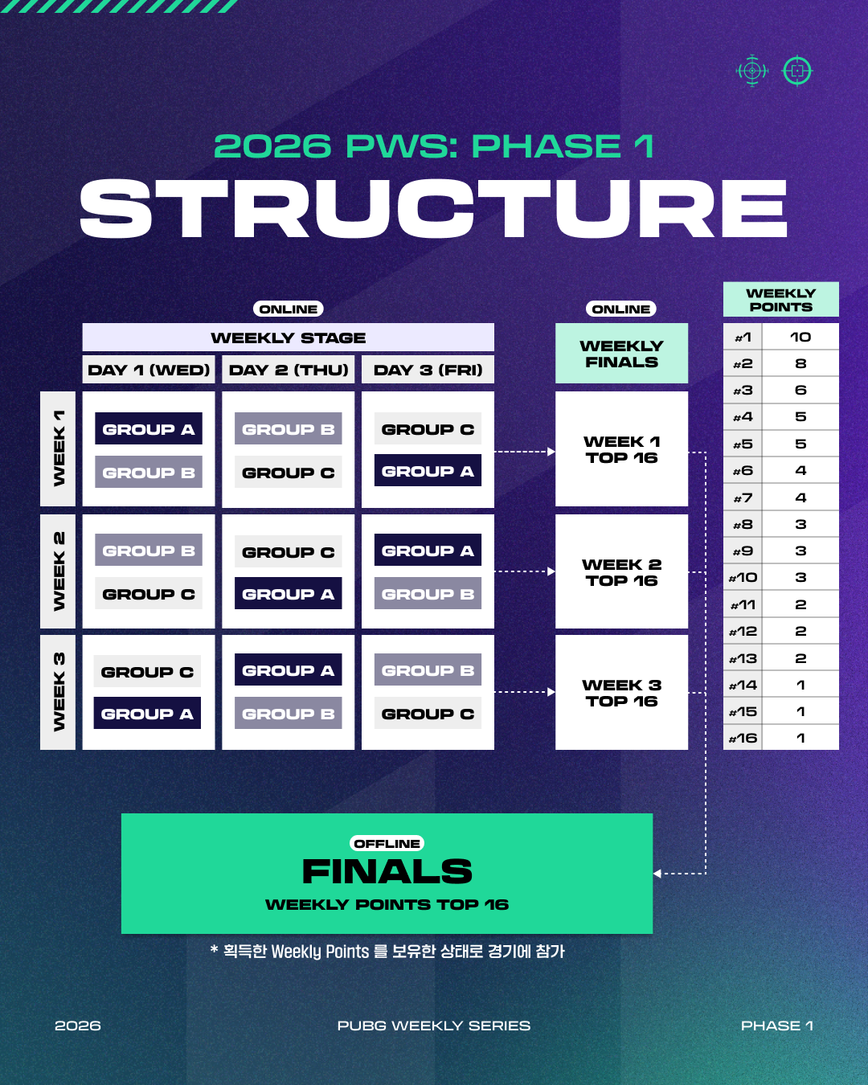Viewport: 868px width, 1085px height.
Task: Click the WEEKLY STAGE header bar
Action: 288,338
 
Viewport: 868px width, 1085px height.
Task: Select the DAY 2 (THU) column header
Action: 289,370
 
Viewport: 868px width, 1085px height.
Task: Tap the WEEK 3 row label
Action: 58,692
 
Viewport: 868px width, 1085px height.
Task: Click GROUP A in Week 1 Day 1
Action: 149,429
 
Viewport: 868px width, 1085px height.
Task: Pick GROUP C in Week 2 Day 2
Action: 289,552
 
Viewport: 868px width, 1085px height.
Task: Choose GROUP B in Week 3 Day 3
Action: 428,670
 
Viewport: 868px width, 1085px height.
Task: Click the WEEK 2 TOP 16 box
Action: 621,572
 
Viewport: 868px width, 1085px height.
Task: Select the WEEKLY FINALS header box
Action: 621,354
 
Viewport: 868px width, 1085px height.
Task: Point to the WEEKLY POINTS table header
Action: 780,300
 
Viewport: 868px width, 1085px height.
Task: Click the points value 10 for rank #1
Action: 800,337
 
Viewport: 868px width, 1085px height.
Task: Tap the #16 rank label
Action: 743,738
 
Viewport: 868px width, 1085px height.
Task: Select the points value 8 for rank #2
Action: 800,363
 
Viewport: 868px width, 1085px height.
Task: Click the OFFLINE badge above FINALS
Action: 387,843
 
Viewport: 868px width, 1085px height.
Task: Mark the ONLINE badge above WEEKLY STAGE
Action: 289,309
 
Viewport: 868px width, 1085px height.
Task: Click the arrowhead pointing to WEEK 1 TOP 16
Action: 551,452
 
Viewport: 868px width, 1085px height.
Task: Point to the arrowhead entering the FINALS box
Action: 657,874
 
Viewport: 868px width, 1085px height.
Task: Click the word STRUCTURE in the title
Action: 434,209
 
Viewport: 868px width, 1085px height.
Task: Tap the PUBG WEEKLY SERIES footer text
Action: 434,1026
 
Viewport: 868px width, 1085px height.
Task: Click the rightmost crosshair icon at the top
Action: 797,71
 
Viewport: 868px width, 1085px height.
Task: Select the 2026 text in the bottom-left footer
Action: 78,1026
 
